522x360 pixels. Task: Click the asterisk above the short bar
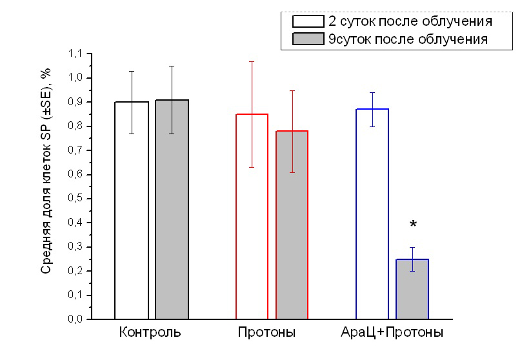click(413, 225)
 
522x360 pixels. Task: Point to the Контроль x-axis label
click(150, 334)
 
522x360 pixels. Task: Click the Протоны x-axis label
click(266, 334)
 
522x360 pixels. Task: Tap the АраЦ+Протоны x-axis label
click(392, 334)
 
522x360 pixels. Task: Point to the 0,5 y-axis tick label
click(75, 199)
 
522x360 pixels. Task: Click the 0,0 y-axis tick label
click(75, 319)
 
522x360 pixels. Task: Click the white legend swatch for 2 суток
click(308, 21)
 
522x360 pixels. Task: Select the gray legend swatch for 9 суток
click(308, 39)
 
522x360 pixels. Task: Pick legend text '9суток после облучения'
click(408, 39)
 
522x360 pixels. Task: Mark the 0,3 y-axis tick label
click(75, 247)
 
